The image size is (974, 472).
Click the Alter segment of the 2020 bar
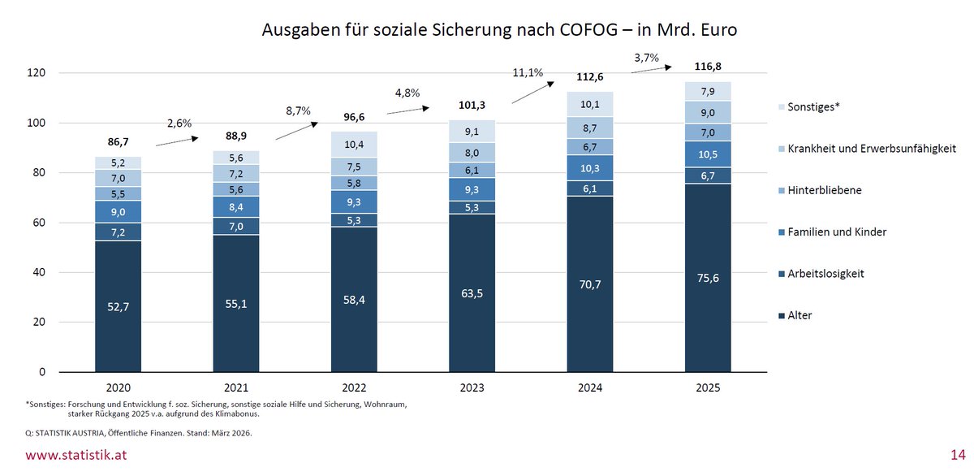click(x=119, y=306)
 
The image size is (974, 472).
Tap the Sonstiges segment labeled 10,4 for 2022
click(x=354, y=144)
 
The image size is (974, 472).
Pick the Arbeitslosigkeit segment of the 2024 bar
click(x=589, y=188)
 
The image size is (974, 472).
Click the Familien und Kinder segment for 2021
click(x=236, y=206)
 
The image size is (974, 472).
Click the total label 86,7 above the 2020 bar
click(x=119, y=141)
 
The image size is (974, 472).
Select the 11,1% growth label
click(x=528, y=73)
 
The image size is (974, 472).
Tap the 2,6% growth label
click(x=179, y=123)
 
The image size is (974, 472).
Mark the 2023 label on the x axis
click(x=472, y=388)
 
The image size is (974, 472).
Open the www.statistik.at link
click(x=76, y=455)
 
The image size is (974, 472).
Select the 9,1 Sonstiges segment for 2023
click(x=472, y=132)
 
